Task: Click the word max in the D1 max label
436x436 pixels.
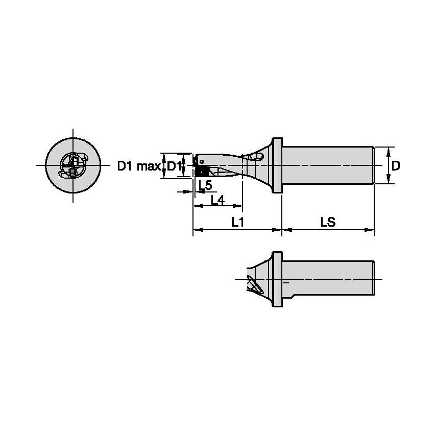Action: pyautogui.click(x=147, y=166)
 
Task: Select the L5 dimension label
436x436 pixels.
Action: pyautogui.click(x=206, y=185)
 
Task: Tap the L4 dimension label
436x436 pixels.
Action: pyautogui.click(x=218, y=200)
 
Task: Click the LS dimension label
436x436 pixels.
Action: pyautogui.click(x=328, y=222)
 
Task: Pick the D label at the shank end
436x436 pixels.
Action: pyautogui.click(x=396, y=165)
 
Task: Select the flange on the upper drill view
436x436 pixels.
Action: pyautogui.click(x=277, y=165)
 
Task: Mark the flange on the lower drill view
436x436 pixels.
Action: pyautogui.click(x=277, y=279)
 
